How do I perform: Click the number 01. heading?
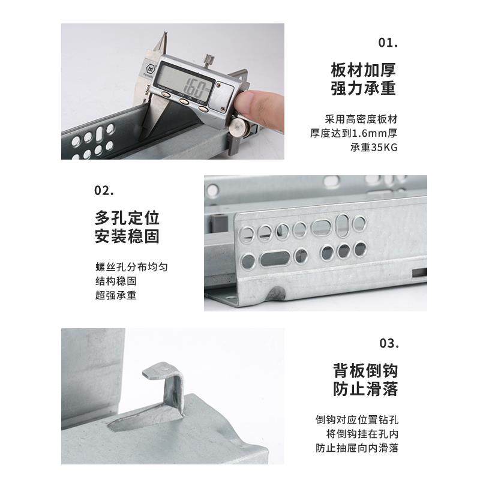pos(388,43)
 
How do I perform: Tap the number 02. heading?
pos(104,191)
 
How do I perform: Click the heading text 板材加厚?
pos(364,69)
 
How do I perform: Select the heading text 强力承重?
pos(364,88)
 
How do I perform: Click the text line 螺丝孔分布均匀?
pos(127,266)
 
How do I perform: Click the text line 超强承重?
pos(116,295)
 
